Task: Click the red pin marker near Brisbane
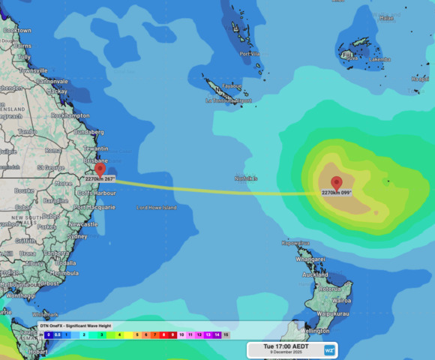pos(100,169)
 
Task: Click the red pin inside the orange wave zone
pos(336,182)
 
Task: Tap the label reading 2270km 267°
pos(100,179)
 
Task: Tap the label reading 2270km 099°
pos(336,193)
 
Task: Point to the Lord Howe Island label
pos(156,207)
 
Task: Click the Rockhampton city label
pos(70,116)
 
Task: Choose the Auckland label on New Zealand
pos(316,274)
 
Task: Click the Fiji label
pos(346,55)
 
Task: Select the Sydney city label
pos(77,236)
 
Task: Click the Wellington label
pos(315,331)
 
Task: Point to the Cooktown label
pos(17,31)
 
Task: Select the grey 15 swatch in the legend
pos(226,335)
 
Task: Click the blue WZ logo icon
pos(329,349)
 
